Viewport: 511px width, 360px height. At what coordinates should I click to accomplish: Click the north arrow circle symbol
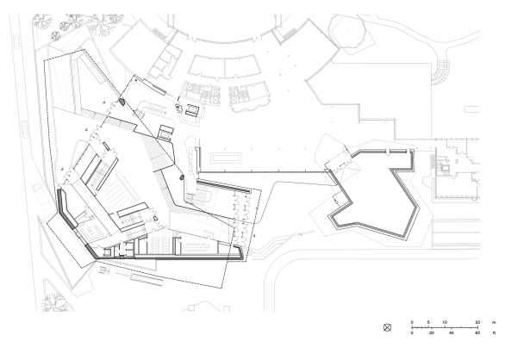pos(388,327)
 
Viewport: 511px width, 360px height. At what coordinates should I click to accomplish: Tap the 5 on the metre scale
pos(429,321)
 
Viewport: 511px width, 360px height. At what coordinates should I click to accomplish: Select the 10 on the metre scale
pos(445,321)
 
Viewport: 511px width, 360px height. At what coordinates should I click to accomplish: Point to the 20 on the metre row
pos(477,321)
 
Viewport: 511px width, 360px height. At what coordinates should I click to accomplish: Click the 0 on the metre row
pos(413,321)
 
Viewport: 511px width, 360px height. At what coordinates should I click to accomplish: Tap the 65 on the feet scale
pos(477,332)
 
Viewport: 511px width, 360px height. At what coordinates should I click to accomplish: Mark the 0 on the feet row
pos(413,332)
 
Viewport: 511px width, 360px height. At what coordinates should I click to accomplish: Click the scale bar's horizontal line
pos(445,327)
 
